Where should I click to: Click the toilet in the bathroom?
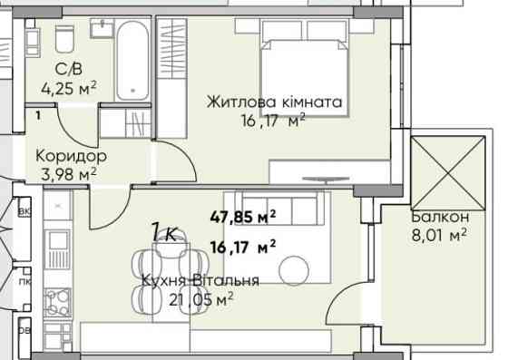click(x=64, y=40)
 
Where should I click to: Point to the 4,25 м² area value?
click(x=69, y=89)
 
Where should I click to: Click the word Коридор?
click(x=64, y=156)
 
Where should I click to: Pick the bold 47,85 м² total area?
click(x=249, y=216)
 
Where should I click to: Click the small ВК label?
click(x=24, y=211)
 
